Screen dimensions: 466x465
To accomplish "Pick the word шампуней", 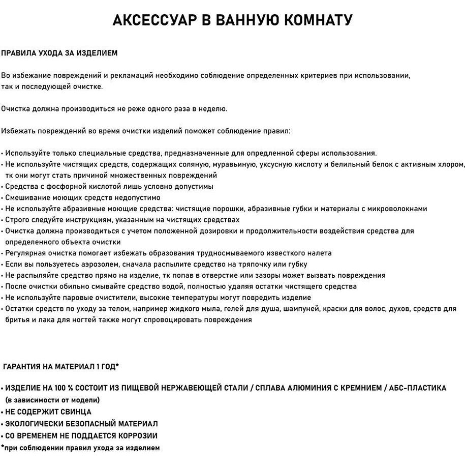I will click(285, 309).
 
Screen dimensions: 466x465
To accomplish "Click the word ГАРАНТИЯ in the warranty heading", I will click(23, 366).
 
